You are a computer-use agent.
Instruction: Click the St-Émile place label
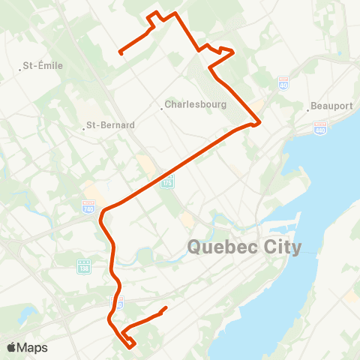click(x=44, y=66)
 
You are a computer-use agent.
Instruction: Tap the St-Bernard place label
click(x=110, y=125)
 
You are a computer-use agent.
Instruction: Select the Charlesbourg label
click(x=195, y=105)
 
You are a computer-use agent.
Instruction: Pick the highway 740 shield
click(x=88, y=205)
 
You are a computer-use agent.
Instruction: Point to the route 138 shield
click(x=83, y=265)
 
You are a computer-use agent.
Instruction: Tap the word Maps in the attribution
click(x=33, y=347)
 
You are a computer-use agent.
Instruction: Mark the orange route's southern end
click(x=165, y=307)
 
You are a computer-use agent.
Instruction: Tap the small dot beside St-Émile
click(x=21, y=70)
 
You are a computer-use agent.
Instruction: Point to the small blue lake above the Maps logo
click(x=28, y=313)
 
